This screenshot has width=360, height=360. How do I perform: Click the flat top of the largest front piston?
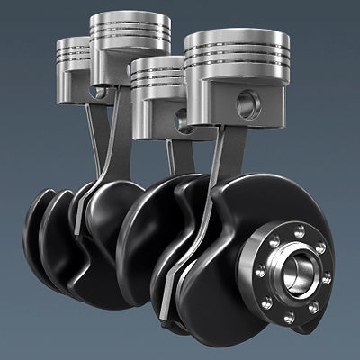pos(238,39)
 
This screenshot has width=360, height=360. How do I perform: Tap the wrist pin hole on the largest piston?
pos(248,105)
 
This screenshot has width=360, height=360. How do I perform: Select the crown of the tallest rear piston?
pos(130,20)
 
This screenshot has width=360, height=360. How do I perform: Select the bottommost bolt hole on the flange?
pos(289,318)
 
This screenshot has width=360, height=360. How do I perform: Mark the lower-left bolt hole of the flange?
pos(264,302)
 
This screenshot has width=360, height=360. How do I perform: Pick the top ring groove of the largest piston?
pos(238,57)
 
